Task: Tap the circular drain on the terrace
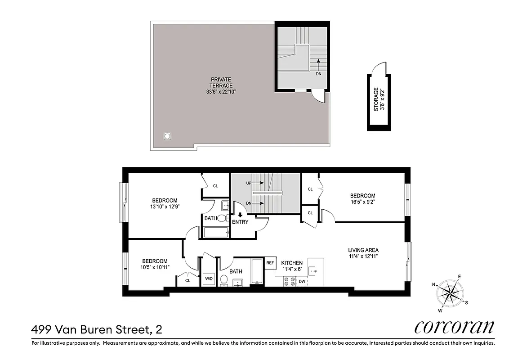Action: tap(168, 135)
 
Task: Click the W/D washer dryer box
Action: tap(209, 279)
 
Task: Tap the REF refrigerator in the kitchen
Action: tap(270, 263)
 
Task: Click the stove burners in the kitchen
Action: tap(289, 281)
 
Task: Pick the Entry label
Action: tap(240, 222)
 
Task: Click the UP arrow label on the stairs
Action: tap(249, 183)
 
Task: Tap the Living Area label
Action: tap(363, 250)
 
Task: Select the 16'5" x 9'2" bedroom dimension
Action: tap(362, 202)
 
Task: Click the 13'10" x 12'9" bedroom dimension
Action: tap(165, 207)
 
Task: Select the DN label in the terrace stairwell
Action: tap(318, 73)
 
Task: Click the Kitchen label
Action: tap(292, 263)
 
